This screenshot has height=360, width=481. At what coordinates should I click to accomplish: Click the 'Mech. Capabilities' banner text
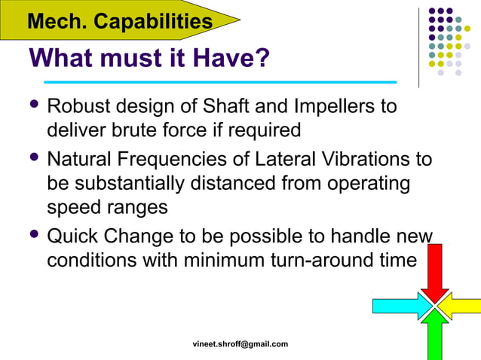click(119, 21)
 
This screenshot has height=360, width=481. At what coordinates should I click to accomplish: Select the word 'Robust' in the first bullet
click(80, 105)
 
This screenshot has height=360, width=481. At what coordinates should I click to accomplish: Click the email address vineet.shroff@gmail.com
click(240, 343)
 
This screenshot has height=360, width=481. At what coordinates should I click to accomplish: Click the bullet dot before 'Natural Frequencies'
click(33, 159)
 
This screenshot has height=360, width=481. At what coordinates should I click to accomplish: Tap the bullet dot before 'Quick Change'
click(33, 236)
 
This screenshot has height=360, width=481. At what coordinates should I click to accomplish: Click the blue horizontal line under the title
click(219, 81)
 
